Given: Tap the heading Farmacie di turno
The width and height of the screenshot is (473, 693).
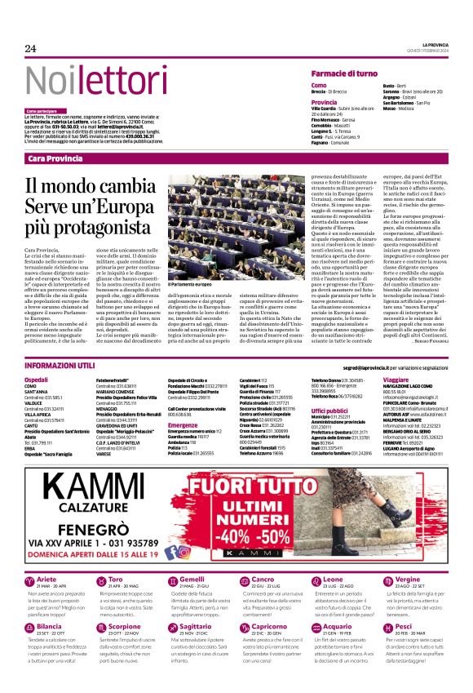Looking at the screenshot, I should pos(344,73).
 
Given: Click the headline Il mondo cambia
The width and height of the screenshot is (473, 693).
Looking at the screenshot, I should pos(90,186).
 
